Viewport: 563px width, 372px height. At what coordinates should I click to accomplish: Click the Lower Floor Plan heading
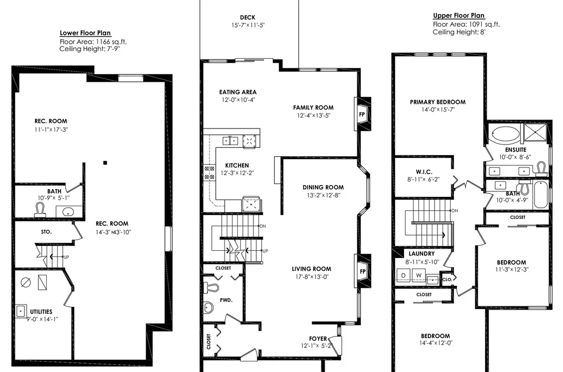pyautogui.click(x=86, y=33)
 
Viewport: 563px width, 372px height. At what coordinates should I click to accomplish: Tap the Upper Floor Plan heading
pyautogui.click(x=459, y=16)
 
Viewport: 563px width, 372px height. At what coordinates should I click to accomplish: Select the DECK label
pyautogui.click(x=248, y=17)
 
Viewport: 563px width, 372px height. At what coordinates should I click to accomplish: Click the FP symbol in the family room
pyautogui.click(x=362, y=115)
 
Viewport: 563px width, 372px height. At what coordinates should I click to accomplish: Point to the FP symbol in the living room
pyautogui.click(x=362, y=271)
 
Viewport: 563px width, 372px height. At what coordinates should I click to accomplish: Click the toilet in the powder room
pyautogui.click(x=211, y=287)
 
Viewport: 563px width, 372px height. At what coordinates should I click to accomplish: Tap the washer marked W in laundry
pyautogui.click(x=418, y=275)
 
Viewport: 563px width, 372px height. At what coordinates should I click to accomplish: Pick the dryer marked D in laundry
pyautogui.click(x=403, y=275)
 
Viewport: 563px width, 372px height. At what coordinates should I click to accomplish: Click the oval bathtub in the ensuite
pyautogui.click(x=505, y=135)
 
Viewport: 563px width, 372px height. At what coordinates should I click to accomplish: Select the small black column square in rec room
pyautogui.click(x=105, y=163)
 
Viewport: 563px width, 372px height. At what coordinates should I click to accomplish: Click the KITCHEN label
pyautogui.click(x=237, y=166)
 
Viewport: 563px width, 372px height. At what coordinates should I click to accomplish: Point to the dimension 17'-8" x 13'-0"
pyautogui.click(x=311, y=276)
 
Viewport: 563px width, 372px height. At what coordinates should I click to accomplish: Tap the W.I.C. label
pyautogui.click(x=424, y=172)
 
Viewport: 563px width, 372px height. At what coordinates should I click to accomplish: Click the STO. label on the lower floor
pyautogui.click(x=46, y=232)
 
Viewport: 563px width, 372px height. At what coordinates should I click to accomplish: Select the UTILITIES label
pyautogui.click(x=41, y=312)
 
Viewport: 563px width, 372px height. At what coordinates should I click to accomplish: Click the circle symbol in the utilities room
pyautogui.click(x=26, y=282)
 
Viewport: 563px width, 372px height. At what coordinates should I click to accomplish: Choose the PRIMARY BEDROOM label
pyautogui.click(x=438, y=102)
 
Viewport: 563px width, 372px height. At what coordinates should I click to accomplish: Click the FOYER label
pyautogui.click(x=318, y=339)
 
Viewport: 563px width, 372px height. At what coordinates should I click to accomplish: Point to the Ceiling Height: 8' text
pyautogui.click(x=459, y=32)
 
